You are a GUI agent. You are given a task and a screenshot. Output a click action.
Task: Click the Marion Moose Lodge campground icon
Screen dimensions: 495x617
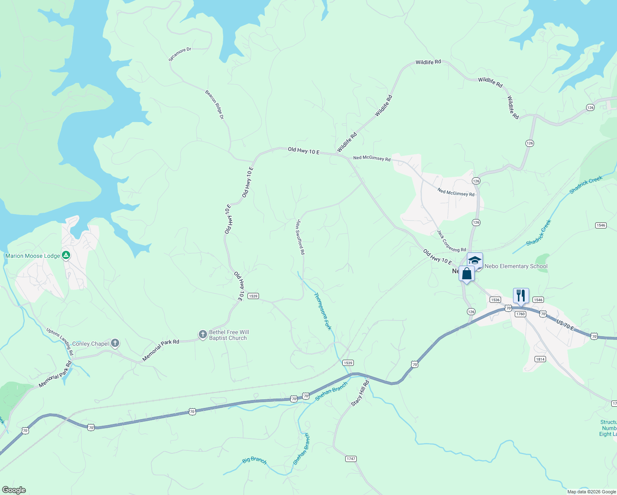(66, 256)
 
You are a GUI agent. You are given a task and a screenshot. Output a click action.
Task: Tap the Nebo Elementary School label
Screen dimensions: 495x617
(516, 266)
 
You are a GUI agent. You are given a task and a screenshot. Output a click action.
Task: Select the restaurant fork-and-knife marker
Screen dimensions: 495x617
(521, 296)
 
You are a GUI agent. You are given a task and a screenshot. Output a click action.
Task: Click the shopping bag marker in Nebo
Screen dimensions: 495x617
(466, 274)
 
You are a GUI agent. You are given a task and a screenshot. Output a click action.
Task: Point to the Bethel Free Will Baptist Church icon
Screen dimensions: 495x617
(203, 335)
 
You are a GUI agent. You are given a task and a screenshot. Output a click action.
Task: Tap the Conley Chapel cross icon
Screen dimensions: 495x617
(115, 343)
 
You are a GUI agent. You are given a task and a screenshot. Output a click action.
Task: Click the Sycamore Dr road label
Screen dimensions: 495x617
(180, 54)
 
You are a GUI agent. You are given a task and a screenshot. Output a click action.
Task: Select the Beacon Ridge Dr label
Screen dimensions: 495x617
(214, 105)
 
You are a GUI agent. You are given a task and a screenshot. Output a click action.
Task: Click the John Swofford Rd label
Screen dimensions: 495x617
(300, 237)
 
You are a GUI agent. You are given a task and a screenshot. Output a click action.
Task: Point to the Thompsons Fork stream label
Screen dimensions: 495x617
(323, 311)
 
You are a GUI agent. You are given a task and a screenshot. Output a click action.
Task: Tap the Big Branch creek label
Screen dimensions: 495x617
(254, 460)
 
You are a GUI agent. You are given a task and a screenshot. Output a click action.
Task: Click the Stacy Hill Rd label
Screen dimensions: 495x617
(360, 394)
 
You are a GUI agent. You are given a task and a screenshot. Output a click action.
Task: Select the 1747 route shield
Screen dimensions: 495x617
(351, 459)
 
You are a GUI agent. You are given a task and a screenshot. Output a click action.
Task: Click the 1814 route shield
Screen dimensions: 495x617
(540, 359)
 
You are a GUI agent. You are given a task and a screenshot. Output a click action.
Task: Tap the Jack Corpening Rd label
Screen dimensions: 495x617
(451, 241)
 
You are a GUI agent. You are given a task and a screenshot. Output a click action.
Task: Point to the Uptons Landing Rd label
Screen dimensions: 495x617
(60, 342)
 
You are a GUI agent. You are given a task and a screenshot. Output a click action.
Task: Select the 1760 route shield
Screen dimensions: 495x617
(520, 314)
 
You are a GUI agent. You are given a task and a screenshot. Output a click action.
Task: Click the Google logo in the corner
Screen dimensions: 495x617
(14, 490)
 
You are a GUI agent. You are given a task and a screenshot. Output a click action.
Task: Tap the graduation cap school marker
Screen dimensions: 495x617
(475, 260)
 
